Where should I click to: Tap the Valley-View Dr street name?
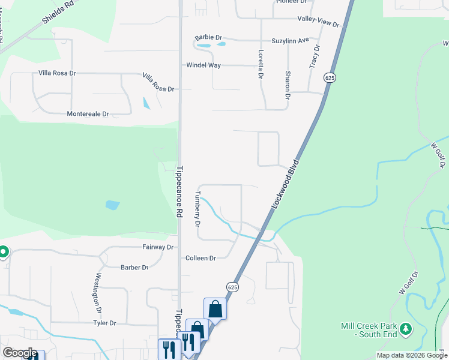click(x=319, y=19)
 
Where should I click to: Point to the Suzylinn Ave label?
click(x=291, y=40)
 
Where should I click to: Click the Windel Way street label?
click(x=203, y=65)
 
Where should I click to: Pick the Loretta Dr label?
click(x=261, y=64)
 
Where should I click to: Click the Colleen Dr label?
click(x=200, y=258)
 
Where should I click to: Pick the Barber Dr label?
click(x=134, y=268)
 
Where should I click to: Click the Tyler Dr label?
click(x=104, y=323)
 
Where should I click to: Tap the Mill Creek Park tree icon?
click(x=406, y=328)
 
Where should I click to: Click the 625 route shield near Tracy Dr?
click(x=329, y=78)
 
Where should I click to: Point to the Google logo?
click(x=20, y=353)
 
